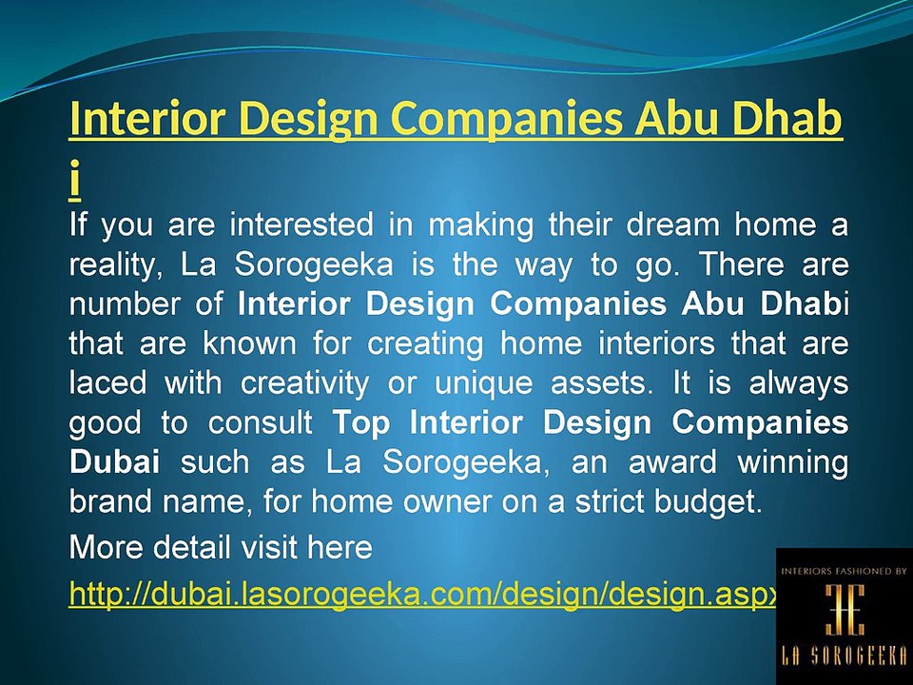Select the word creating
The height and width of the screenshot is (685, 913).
(429, 343)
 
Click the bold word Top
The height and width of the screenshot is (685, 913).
(361, 422)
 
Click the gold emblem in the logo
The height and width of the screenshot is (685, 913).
(844, 610)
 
